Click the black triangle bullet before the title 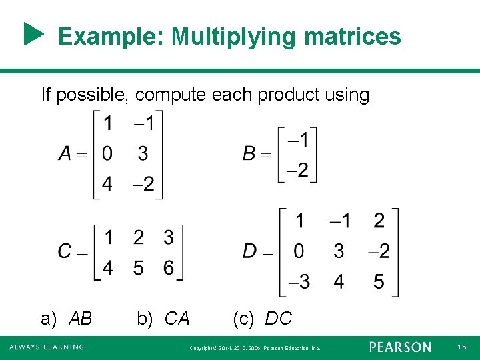click(33, 35)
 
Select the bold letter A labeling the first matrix click(65, 154)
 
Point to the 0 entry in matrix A click(107, 154)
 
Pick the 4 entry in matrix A click(107, 184)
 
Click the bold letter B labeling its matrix click(249, 154)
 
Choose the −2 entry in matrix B click(297, 170)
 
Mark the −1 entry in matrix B click(297, 140)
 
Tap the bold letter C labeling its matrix click(65, 251)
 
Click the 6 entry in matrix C click(169, 267)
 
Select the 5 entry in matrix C click(138, 267)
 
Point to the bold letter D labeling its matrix click(249, 251)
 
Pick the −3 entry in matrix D click(299, 282)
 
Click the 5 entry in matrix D click(379, 282)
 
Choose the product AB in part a click(81, 319)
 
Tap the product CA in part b click(177, 319)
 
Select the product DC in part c click(278, 319)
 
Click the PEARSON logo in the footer click(400, 347)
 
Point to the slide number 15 click(462, 347)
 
